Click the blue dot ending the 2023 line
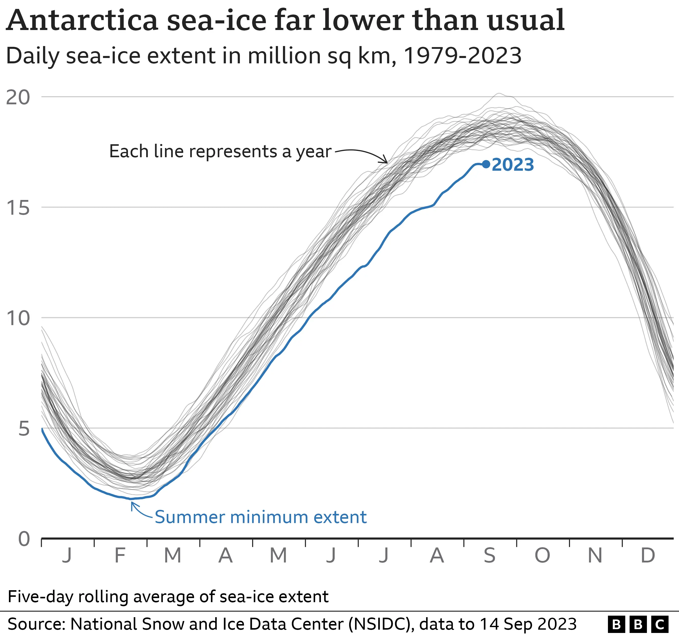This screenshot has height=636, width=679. tap(486, 164)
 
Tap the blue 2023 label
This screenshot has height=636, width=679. tap(513, 165)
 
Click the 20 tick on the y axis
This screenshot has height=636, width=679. tap(18, 98)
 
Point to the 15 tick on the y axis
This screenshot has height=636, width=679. tap(18, 207)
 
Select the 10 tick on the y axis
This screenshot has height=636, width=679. tap(18, 318)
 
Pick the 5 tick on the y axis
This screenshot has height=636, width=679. tap(24, 429)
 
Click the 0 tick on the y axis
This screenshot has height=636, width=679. tap(24, 539)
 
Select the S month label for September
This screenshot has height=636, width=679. tap(490, 555)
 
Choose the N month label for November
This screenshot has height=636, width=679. tap(595, 555)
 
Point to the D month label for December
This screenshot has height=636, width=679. tap(648, 555)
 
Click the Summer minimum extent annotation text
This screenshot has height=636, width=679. tap(261, 517)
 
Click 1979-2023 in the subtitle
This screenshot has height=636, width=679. tap(463, 56)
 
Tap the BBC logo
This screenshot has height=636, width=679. tap(638, 624)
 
